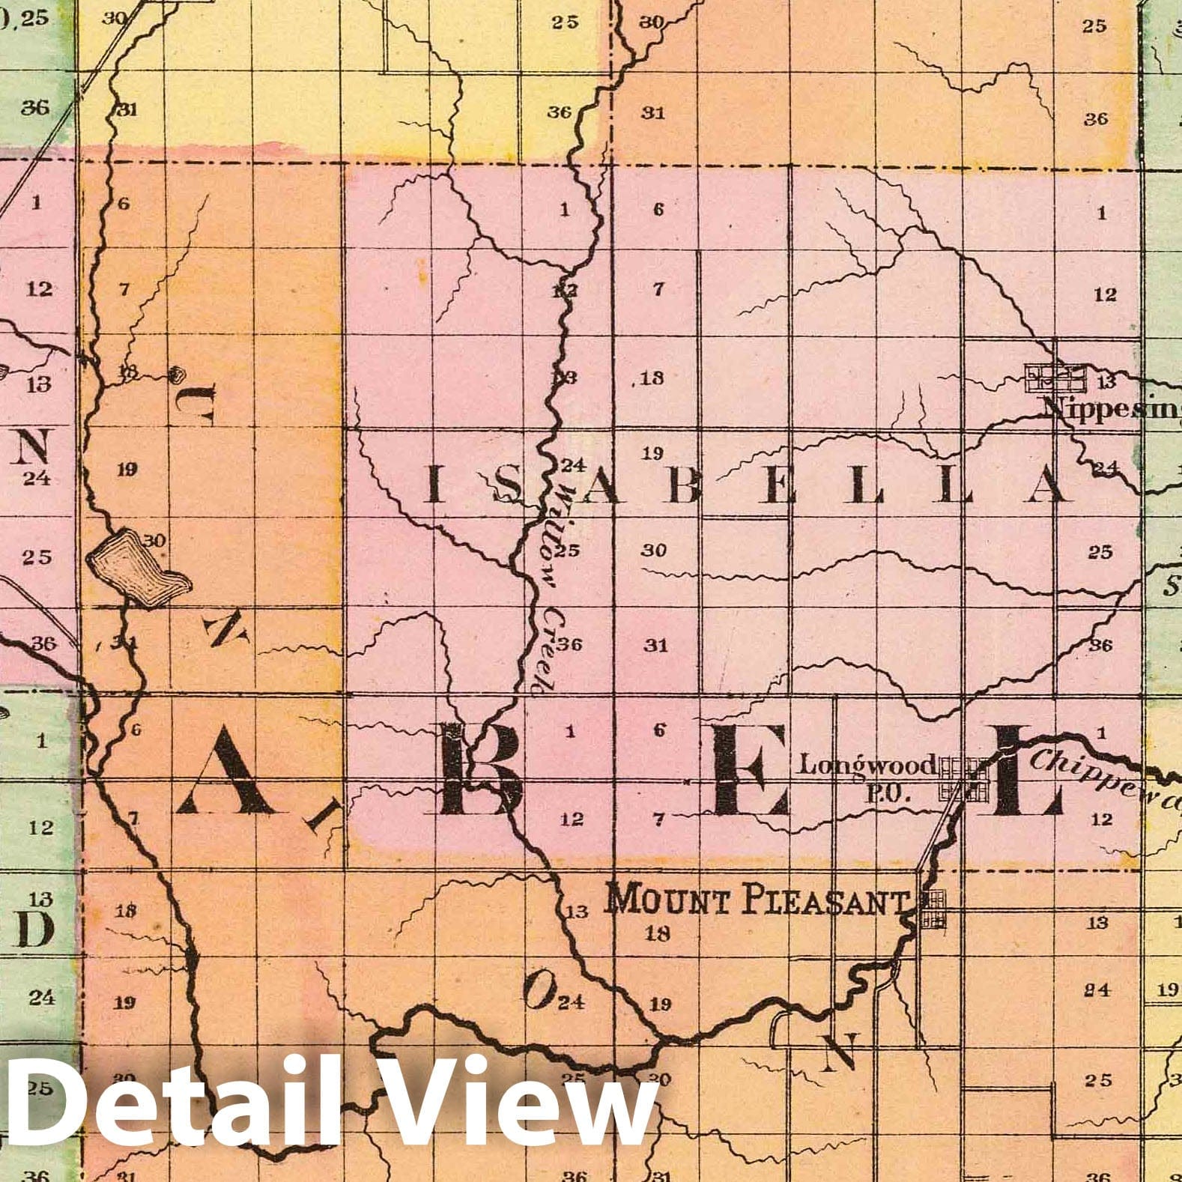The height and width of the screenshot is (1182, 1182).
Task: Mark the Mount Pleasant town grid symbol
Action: (x=933, y=908)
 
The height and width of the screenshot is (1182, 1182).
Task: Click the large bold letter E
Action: (x=750, y=772)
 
